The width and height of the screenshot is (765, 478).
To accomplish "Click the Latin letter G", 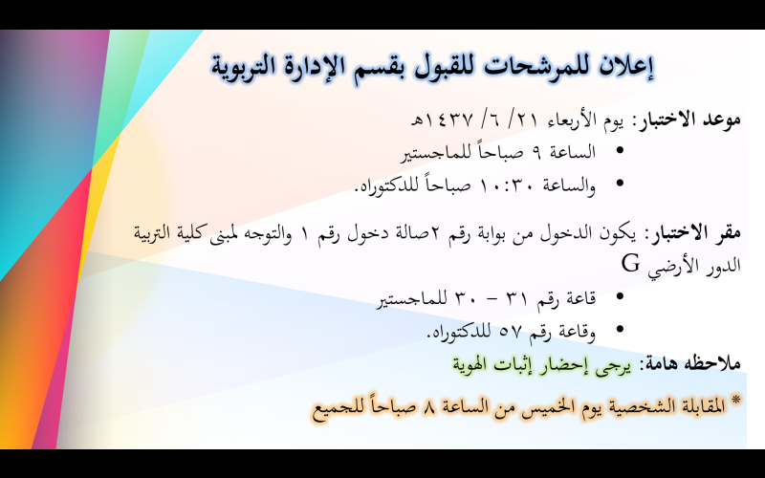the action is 630,264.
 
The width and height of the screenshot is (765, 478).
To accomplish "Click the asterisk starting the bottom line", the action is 735,401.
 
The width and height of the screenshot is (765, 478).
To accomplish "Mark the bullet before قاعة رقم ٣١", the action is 620,296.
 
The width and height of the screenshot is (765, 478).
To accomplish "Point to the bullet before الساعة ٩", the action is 620,151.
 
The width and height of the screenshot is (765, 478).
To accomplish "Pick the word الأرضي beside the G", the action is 668,267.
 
